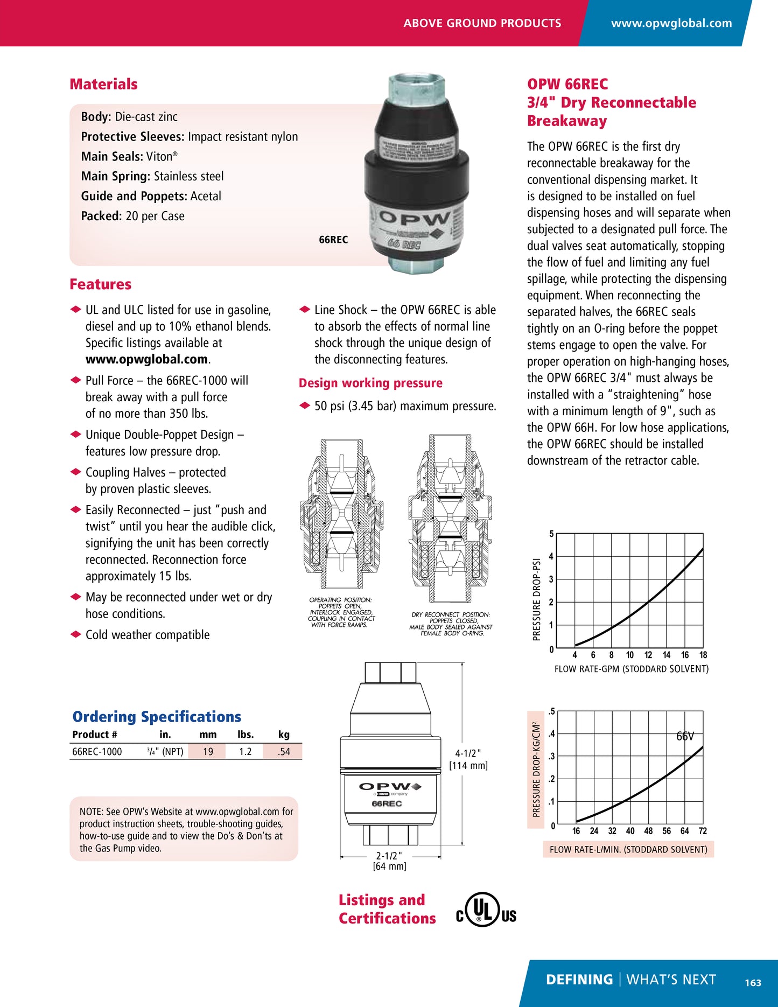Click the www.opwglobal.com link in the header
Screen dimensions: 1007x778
click(671, 23)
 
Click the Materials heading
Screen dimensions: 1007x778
click(103, 84)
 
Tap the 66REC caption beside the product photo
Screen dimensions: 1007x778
click(333, 240)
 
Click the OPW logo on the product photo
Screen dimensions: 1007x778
click(415, 219)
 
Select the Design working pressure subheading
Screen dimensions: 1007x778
click(370, 383)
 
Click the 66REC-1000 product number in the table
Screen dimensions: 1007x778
click(97, 752)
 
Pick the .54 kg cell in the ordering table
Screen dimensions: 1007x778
click(284, 752)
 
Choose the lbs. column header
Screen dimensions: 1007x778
click(246, 735)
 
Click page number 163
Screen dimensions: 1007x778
click(753, 983)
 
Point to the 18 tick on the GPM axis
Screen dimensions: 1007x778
click(703, 655)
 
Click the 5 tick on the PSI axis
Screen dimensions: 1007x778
click(551, 534)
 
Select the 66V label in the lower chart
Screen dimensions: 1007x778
click(685, 736)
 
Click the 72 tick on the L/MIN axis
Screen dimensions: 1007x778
click(703, 831)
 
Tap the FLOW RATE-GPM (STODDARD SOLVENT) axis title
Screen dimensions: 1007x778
click(631, 669)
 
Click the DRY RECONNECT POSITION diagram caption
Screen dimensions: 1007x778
click(451, 624)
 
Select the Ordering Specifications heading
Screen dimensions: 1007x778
click(157, 717)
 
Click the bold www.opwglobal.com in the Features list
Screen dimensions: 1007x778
click(146, 359)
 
